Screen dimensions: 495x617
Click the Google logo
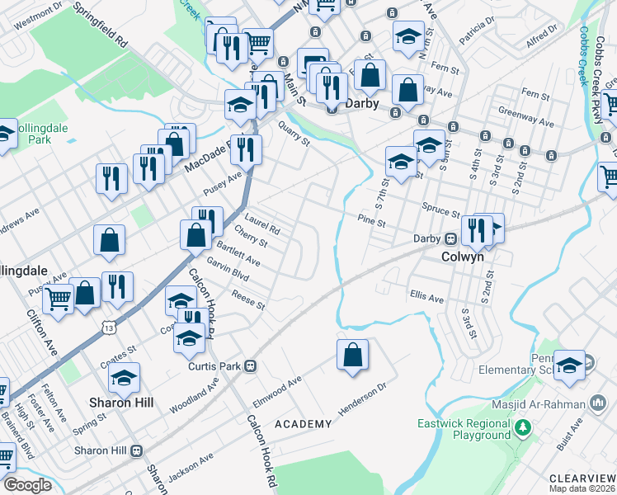click(x=27, y=484)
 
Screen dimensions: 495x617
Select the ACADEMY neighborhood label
click(x=303, y=424)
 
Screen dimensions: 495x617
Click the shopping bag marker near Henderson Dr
click(x=352, y=356)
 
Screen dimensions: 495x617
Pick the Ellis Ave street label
click(x=426, y=296)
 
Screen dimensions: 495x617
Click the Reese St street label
click(x=247, y=300)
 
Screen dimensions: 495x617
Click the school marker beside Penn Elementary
click(x=569, y=366)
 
